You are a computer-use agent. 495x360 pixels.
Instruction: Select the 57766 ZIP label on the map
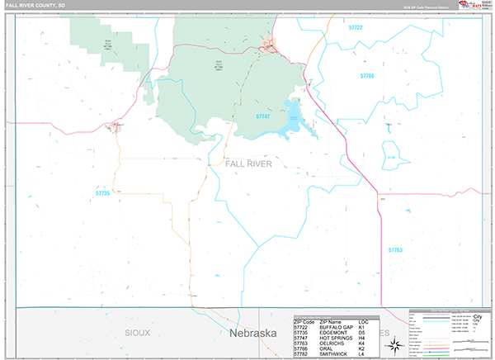click(x=367, y=76)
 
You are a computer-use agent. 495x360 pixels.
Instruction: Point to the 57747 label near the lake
click(x=262, y=116)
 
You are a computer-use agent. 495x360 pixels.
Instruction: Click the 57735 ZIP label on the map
click(x=102, y=193)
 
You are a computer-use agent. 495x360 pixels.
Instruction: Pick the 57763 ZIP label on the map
click(x=395, y=249)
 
